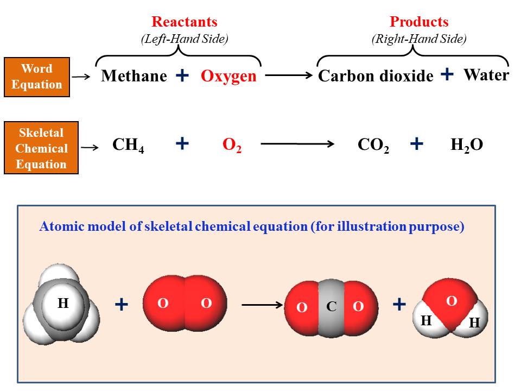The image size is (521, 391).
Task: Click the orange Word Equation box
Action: tap(37, 77)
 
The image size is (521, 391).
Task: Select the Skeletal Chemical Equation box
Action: tap(41, 148)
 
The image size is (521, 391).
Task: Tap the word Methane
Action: tap(134, 76)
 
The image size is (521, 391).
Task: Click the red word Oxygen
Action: tap(228, 76)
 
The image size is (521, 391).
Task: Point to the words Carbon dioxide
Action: tap(376, 76)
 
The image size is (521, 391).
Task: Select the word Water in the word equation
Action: tap(486, 74)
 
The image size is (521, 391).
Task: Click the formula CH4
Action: tap(128, 145)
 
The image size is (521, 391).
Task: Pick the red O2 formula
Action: tap(232, 146)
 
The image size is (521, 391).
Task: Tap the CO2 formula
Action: tap(373, 146)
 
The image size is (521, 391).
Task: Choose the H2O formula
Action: tap(467, 145)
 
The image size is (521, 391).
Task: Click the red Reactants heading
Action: tap(184, 22)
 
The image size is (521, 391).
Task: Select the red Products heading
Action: tap(419, 22)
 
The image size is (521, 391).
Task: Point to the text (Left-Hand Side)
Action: tap(184, 39)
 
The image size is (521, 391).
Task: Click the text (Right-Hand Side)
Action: tap(419, 39)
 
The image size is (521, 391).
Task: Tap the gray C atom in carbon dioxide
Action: tap(331, 307)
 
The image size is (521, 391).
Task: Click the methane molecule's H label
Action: tap(63, 304)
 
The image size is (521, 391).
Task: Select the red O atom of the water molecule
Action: tap(451, 301)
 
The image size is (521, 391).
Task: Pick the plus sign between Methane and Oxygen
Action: tap(183, 75)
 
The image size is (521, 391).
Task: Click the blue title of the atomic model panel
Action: tap(251, 227)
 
